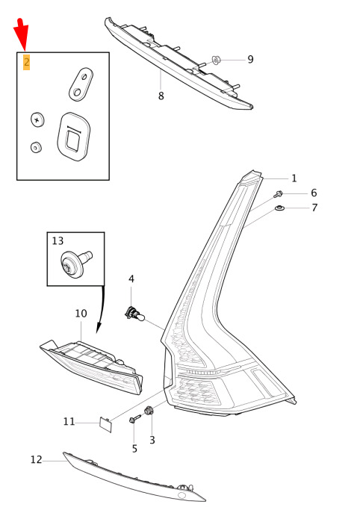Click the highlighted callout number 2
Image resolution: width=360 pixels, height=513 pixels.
26,62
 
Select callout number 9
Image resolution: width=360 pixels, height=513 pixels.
250,59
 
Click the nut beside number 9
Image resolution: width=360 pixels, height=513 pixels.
217,60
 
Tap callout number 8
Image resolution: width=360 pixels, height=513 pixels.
161,96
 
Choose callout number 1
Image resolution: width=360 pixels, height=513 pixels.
294,178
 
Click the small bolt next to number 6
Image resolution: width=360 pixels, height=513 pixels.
278,194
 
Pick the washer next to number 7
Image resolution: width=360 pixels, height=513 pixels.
279,208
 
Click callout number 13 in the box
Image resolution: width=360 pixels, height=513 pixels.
58,240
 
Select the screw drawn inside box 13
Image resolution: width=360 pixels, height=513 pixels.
76,262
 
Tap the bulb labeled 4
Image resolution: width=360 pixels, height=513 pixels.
134,314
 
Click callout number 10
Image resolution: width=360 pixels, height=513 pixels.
81,314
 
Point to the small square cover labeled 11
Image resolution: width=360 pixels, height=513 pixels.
106,424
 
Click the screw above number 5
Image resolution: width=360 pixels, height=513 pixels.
135,419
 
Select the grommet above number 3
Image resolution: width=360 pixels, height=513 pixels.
149,410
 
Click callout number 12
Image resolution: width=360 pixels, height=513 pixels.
37,460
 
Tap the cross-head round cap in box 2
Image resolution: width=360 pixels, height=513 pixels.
37,119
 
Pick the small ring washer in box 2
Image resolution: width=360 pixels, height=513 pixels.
36,147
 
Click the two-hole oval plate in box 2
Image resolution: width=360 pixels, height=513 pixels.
81,84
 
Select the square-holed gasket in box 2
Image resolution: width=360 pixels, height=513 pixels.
73,136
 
